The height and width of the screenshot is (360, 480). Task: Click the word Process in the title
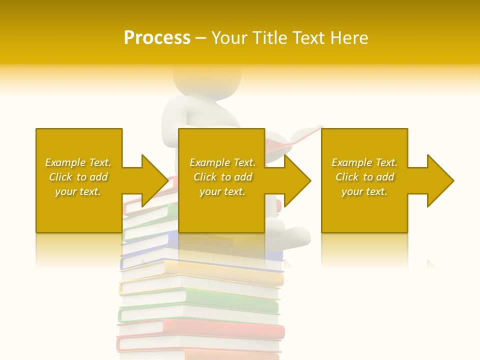[x=157, y=37]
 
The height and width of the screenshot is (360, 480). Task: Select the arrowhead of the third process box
[x=440, y=180]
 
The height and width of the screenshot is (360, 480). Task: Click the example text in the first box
[x=78, y=177]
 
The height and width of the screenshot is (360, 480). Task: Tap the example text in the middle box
[x=222, y=177]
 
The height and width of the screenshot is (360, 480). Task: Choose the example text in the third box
[x=364, y=177]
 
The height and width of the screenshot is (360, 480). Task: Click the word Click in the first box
[x=60, y=177]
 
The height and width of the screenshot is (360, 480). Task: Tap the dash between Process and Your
[x=201, y=38]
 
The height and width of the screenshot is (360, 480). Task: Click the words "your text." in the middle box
[x=222, y=191]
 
